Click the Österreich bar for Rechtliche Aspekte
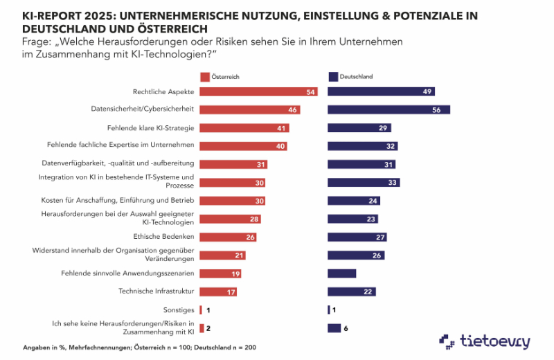(x=258, y=91)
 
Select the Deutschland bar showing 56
(x=388, y=109)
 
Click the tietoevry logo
(x=484, y=341)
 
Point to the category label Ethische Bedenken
(x=165, y=237)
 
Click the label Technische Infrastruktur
(x=157, y=291)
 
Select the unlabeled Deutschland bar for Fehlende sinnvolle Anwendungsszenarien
(x=341, y=273)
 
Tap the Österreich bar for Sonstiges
(x=201, y=309)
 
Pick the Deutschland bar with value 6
(x=334, y=328)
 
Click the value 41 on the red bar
(x=281, y=128)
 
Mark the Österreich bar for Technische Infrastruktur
(x=218, y=291)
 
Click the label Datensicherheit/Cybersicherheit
(x=142, y=109)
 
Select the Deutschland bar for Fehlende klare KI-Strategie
(x=359, y=128)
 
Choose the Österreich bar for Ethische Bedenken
(x=228, y=237)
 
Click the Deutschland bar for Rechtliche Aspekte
(x=381, y=91)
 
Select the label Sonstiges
(x=180, y=309)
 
